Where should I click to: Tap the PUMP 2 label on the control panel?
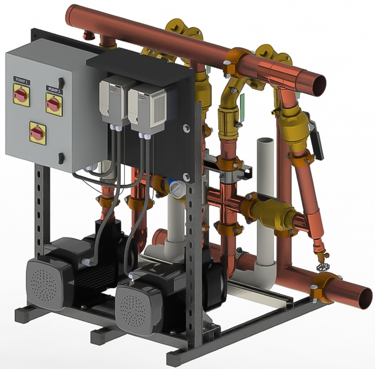54,89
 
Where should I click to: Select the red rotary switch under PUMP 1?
21,95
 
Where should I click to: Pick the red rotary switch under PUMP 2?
54,104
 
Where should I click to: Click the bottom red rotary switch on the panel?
38,132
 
